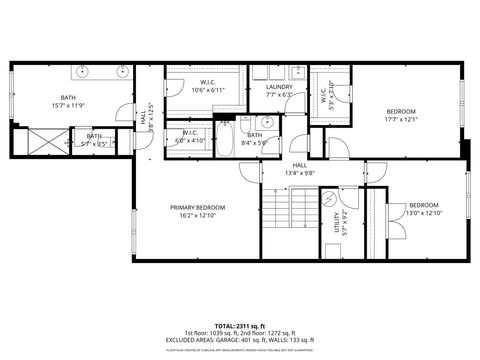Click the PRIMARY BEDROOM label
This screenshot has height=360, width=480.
[x=196, y=207]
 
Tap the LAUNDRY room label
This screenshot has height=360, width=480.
[x=279, y=87]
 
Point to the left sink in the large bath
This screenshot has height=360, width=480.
[x=80, y=74]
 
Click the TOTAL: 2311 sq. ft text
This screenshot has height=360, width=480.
[x=241, y=326]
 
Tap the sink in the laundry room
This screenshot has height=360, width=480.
[x=295, y=72]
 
